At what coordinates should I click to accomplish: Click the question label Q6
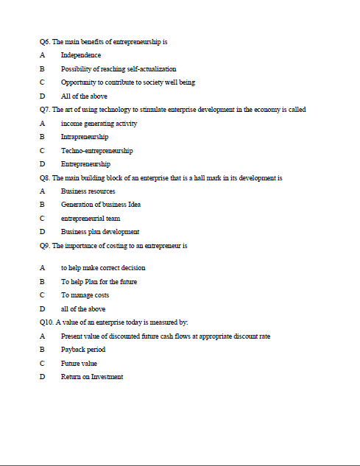(x=46, y=42)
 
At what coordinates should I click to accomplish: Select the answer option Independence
(x=81, y=55)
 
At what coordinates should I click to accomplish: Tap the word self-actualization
(x=149, y=68)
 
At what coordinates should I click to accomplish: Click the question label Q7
(x=46, y=110)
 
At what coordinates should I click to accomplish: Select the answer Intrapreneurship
(x=85, y=137)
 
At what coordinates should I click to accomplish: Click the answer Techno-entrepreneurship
(x=96, y=150)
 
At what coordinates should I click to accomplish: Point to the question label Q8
(x=46, y=177)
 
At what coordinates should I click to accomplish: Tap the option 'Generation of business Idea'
(x=100, y=205)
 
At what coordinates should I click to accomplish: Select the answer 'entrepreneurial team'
(x=91, y=218)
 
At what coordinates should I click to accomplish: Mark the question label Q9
(x=46, y=245)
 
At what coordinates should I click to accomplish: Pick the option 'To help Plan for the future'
(x=99, y=281)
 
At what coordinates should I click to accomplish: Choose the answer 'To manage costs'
(x=85, y=295)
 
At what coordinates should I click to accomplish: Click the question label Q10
(x=47, y=322)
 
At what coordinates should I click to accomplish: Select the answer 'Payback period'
(x=83, y=350)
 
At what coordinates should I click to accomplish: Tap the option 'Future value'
(x=79, y=363)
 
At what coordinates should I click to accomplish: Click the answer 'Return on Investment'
(x=92, y=377)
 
